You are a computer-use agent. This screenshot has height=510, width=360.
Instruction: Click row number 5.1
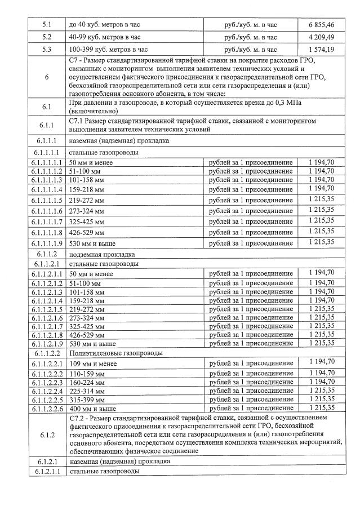46,25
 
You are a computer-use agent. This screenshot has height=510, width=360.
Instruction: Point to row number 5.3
46,50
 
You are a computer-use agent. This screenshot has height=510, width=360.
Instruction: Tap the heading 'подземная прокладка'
103,254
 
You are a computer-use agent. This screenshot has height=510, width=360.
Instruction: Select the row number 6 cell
46,77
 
